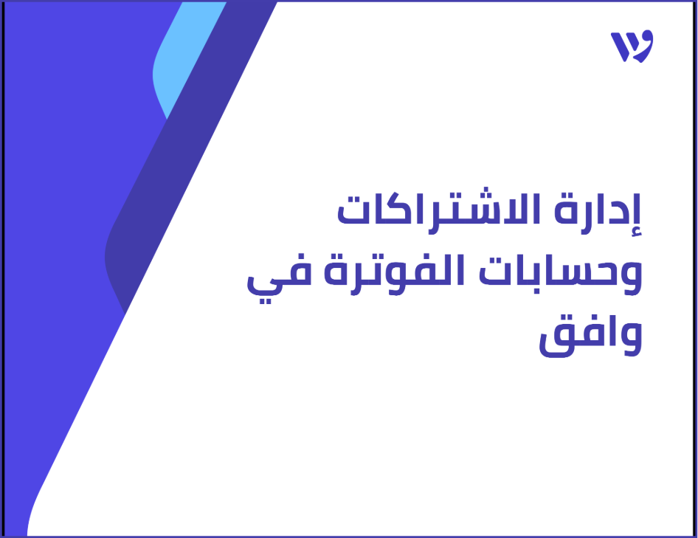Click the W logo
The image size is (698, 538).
[632, 46]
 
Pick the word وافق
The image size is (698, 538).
[590, 339]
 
